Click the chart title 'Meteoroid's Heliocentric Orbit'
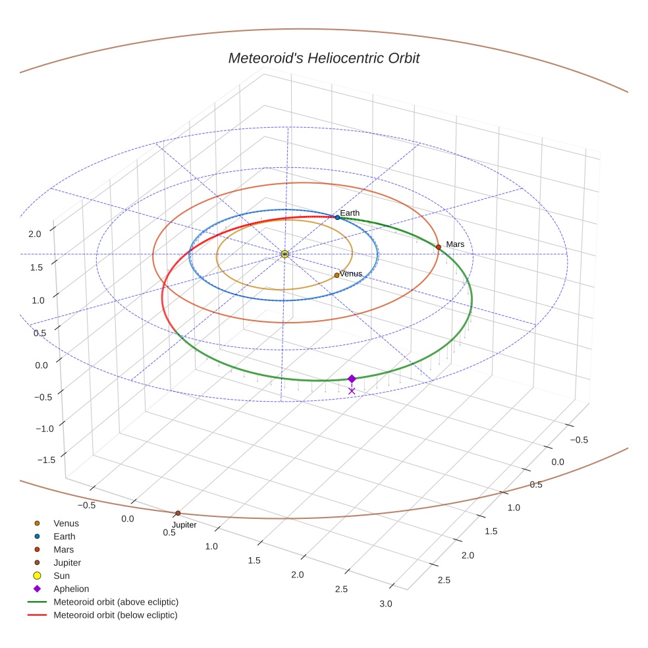323,58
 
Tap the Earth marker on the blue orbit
337,217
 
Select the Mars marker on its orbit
439,247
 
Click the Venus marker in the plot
337,275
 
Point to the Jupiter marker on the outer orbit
178,513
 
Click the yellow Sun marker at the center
284,254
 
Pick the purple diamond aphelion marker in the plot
352,379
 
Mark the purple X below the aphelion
352,391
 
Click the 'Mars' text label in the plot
455,244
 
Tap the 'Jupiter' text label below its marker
184,525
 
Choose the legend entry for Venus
66,524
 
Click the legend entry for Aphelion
71,589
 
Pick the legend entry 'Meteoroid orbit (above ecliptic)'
116,602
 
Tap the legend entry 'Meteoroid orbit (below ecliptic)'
115,615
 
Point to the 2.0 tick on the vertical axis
35,233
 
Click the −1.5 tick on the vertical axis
31,459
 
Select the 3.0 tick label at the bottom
386,604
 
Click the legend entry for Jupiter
67,562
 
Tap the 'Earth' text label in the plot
350,213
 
